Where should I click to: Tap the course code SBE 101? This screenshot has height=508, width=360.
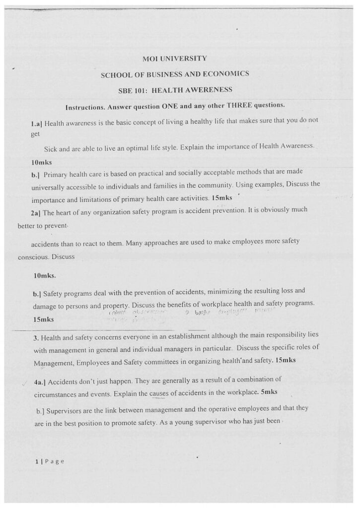130,90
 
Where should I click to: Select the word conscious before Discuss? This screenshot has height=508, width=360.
33,257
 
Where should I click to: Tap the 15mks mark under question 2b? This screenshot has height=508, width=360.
43,320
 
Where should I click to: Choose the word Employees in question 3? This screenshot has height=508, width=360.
97,363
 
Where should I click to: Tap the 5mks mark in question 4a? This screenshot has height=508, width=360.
268,392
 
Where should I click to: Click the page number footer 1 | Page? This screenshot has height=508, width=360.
49,461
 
